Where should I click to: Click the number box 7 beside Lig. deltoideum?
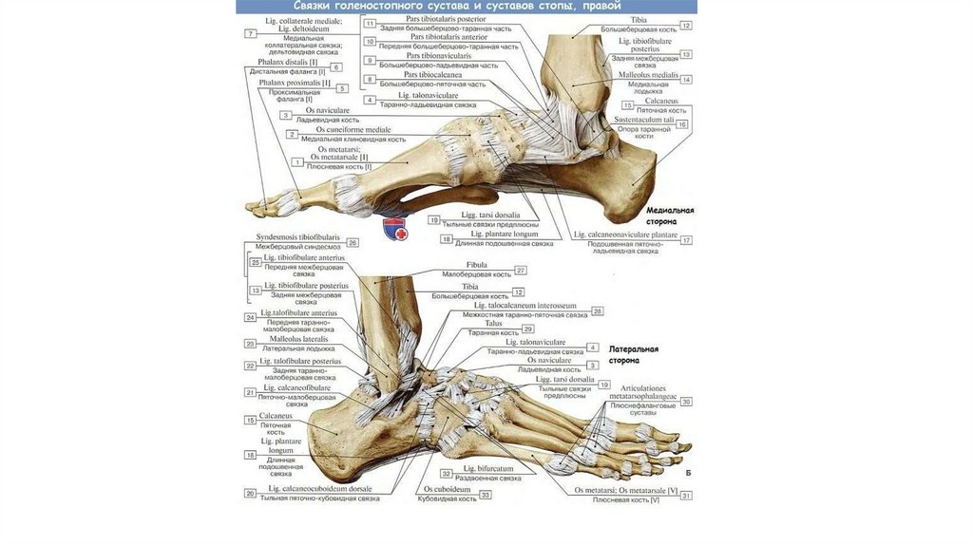pos(251,33)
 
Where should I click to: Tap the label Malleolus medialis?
pos(648,74)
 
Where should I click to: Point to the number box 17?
pos(686,240)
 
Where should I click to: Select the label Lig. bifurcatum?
pos(488,469)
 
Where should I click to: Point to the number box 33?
pos(486,495)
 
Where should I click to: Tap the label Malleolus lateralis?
pos(298,339)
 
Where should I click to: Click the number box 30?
pos(686,402)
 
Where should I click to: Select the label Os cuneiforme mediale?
pos(353,129)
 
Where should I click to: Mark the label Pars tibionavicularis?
pos(439,56)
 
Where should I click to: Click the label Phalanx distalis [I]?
pos(288,63)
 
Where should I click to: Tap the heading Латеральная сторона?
pos(633,355)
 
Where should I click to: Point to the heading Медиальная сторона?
pos(670,215)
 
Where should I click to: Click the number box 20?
pos(251,493)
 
